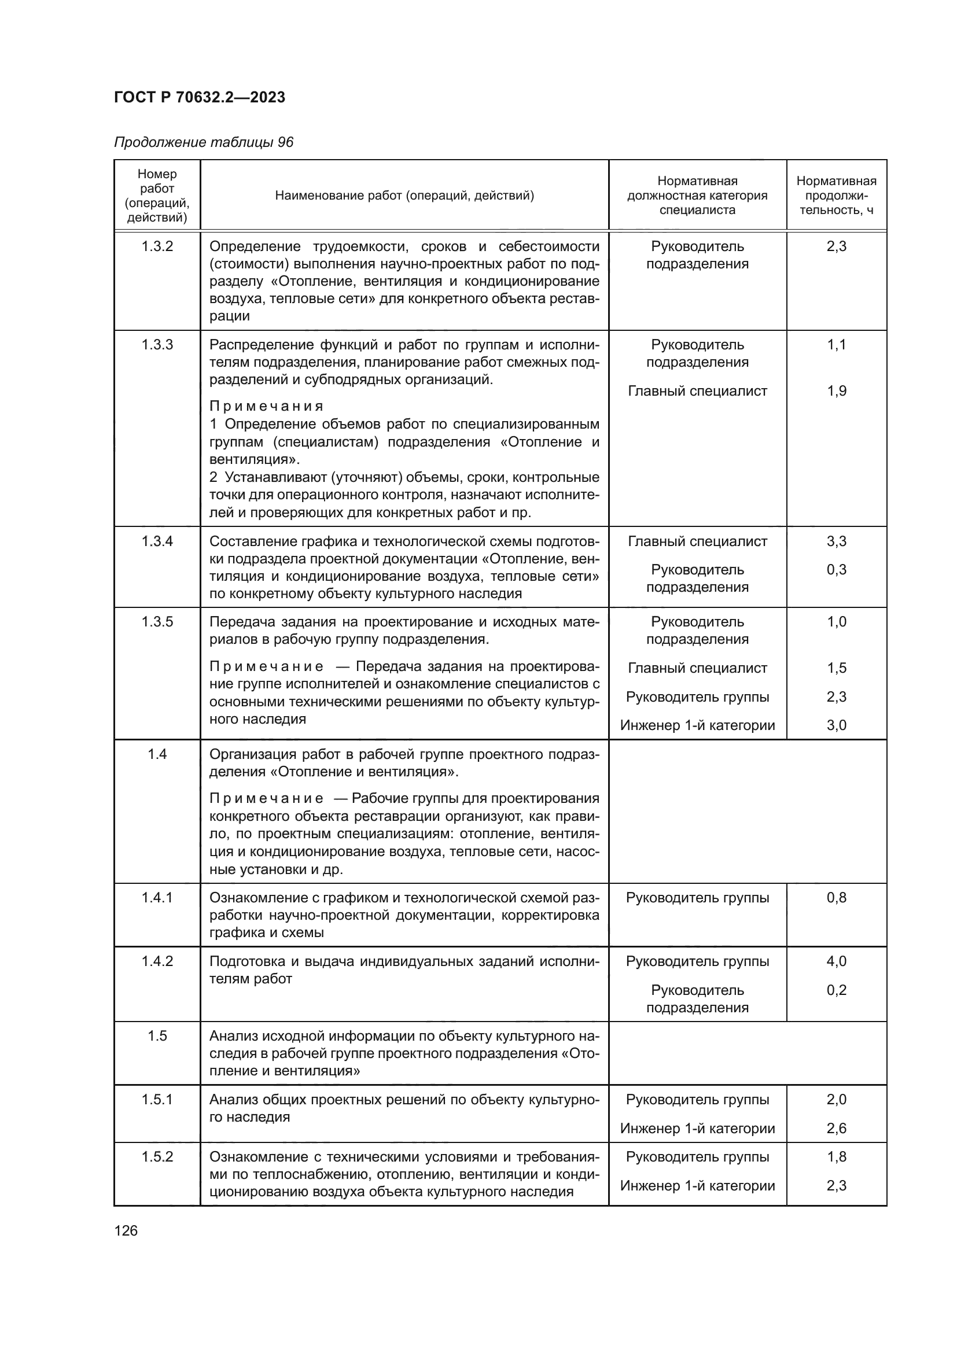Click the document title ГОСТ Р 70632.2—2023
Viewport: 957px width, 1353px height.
click(x=199, y=97)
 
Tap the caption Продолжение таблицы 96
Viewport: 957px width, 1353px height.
click(x=203, y=143)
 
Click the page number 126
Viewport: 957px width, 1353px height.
click(x=126, y=1230)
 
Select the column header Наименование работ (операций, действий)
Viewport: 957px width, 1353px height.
click(x=404, y=196)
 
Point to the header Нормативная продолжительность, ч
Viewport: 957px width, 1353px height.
click(x=835, y=196)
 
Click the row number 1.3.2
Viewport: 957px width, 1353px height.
click(x=157, y=246)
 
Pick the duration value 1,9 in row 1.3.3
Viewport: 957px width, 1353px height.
click(x=836, y=391)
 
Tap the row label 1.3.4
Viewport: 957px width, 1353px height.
click(x=157, y=541)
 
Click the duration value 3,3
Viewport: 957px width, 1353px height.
click(x=836, y=541)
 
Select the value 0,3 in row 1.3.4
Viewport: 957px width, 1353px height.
click(x=836, y=570)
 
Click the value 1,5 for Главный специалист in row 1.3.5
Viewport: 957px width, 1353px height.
click(x=836, y=668)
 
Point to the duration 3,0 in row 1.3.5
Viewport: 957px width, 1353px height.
click(x=836, y=725)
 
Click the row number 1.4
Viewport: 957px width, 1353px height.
click(x=157, y=754)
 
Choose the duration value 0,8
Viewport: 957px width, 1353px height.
click(x=836, y=898)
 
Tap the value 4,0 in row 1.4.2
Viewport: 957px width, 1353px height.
click(x=836, y=962)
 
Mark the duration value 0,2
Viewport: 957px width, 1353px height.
click(x=836, y=990)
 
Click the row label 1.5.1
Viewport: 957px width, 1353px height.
click(x=157, y=1100)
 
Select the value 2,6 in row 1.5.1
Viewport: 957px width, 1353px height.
click(x=836, y=1129)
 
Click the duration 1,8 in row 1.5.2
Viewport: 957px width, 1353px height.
click(x=836, y=1157)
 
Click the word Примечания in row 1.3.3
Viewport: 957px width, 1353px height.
click(x=266, y=407)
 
